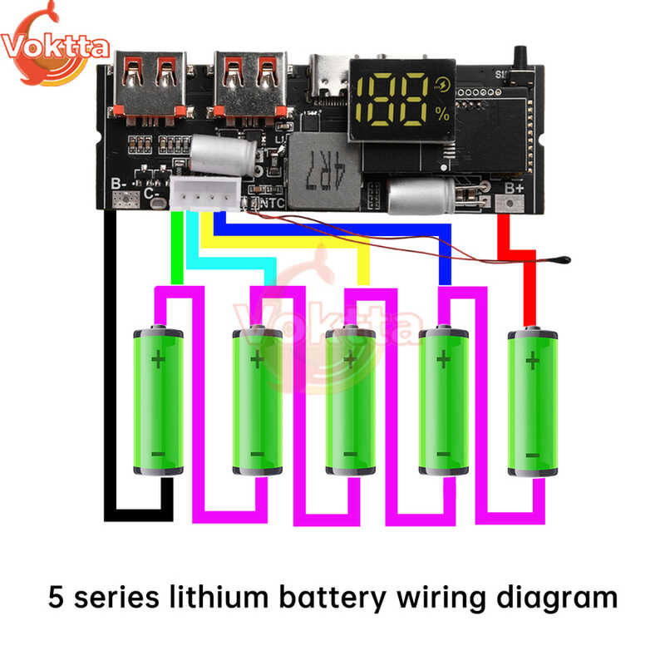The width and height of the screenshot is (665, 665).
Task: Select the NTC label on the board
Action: click(272, 202)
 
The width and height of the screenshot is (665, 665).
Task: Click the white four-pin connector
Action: click(204, 196)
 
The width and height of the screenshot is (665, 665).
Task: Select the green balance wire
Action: click(175, 249)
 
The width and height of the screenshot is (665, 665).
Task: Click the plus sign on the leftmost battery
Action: click(158, 359)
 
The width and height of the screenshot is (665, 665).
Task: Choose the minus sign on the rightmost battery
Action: click(533, 455)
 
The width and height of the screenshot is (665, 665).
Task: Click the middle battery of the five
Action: click(349, 403)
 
